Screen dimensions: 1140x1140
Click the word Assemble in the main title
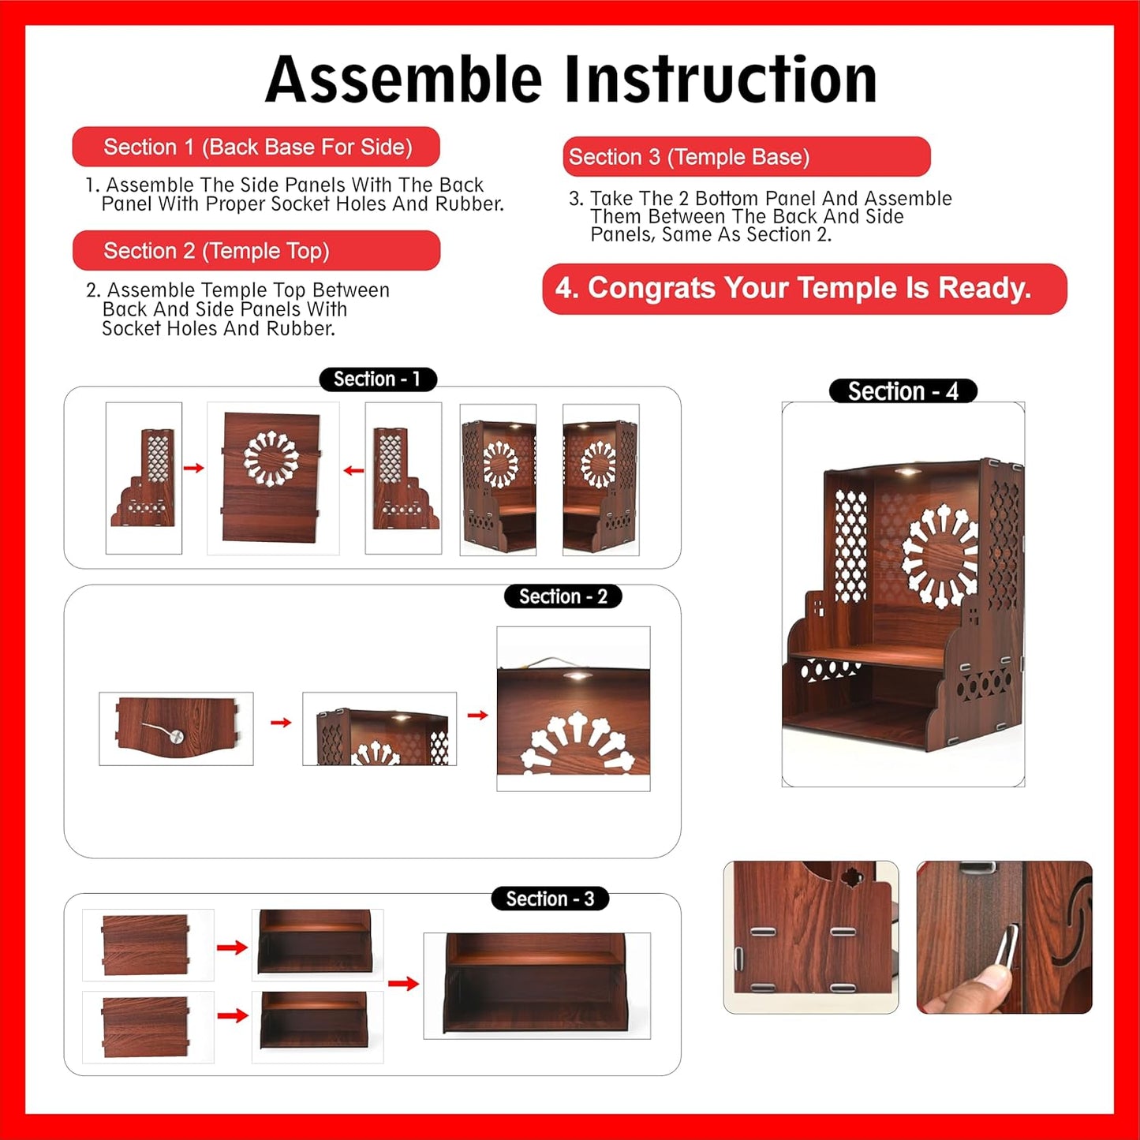(404, 80)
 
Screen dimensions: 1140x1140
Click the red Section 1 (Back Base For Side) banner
(256, 147)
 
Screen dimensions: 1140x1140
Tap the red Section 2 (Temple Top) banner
(256, 251)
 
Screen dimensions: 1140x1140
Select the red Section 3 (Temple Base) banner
(746, 157)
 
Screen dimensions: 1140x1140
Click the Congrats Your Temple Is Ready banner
(805, 289)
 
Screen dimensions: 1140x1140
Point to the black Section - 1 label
(378, 379)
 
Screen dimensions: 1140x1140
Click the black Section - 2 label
(563, 597)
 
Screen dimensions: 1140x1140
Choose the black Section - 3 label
(550, 899)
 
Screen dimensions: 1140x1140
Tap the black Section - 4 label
(903, 391)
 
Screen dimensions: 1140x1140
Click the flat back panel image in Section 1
(273, 478)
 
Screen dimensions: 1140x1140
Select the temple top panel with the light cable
(176, 729)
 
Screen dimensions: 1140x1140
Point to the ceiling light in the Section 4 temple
(907, 473)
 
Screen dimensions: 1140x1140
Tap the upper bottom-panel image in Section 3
(148, 945)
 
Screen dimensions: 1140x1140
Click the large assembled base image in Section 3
(536, 985)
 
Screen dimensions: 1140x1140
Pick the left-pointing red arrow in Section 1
(353, 471)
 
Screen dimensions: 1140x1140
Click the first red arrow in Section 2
(281, 723)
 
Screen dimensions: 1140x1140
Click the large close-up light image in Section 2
(574, 708)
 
